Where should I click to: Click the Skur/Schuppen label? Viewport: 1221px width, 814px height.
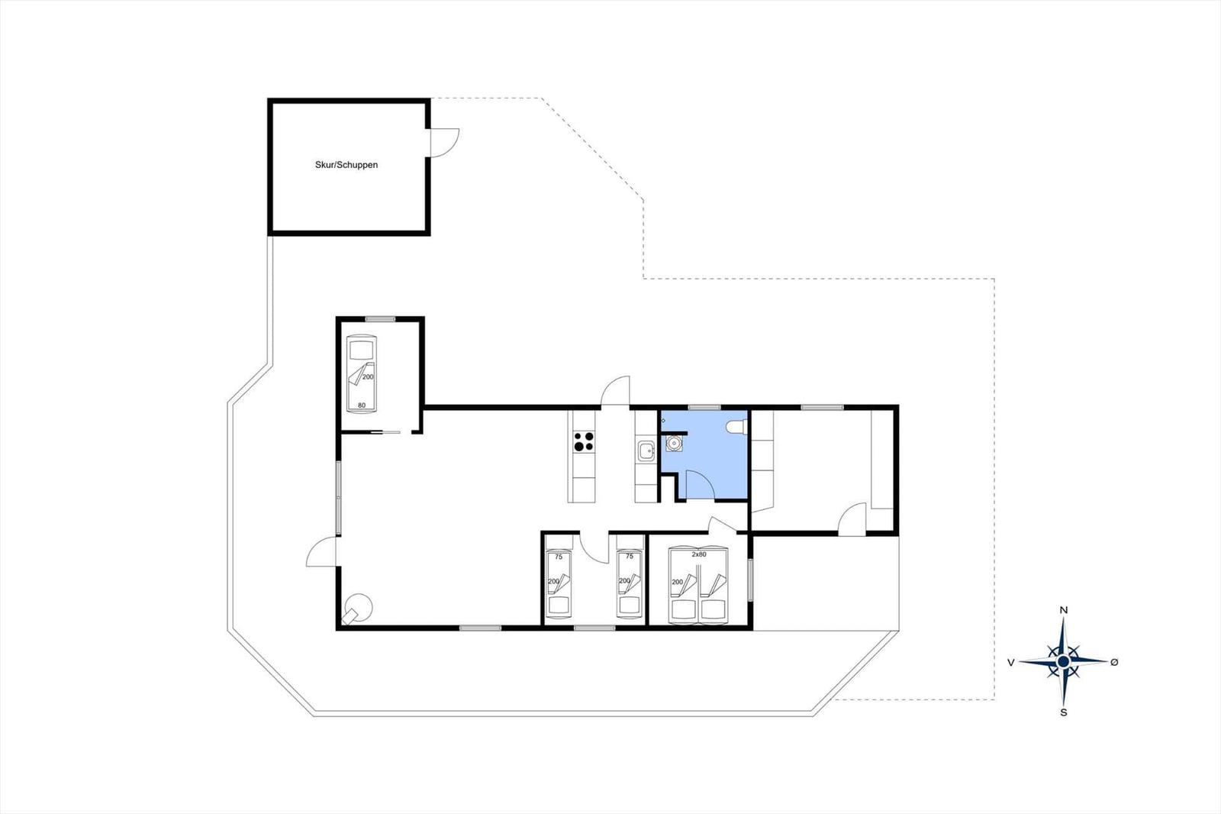(x=346, y=165)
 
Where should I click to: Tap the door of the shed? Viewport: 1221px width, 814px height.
(x=444, y=142)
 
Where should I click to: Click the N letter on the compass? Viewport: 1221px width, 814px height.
(x=1063, y=610)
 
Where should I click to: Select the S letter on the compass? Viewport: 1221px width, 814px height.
(x=1064, y=712)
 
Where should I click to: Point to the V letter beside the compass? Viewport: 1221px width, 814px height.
(x=1010, y=662)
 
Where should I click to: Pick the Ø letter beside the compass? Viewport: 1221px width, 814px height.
(x=1114, y=662)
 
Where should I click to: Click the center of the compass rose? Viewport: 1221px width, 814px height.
(x=1063, y=662)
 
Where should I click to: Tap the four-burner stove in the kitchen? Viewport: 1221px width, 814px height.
(x=584, y=441)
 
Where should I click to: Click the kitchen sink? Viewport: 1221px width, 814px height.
(x=646, y=451)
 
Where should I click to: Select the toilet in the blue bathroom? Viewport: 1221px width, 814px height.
(x=736, y=427)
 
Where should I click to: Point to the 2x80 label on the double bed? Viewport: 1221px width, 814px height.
(x=699, y=554)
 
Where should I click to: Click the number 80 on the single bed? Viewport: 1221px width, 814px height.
(x=362, y=405)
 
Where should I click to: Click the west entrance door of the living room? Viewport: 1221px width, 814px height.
(x=321, y=551)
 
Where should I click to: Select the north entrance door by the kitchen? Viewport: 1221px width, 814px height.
(x=615, y=391)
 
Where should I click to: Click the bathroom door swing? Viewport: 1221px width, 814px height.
(x=700, y=484)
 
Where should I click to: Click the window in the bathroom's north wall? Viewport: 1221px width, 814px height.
(x=704, y=407)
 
